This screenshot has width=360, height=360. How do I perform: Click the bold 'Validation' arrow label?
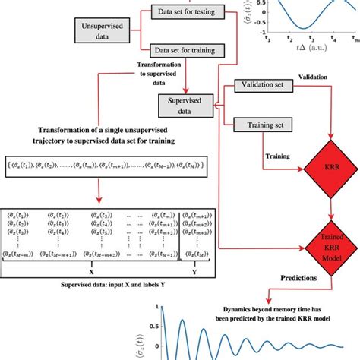[313, 77]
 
